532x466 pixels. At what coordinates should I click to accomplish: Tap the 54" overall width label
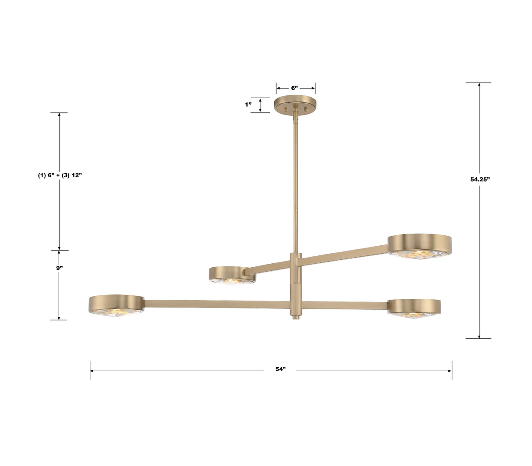[x=280, y=369]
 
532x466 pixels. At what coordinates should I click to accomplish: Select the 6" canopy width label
[x=295, y=88]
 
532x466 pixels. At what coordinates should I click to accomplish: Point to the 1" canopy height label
[x=248, y=104]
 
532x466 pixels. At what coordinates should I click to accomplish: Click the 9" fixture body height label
[x=60, y=268]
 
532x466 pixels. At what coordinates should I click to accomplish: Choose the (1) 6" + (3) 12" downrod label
[x=60, y=175]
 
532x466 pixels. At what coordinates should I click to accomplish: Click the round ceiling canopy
[x=295, y=104]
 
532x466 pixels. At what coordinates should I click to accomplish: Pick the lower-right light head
[x=414, y=307]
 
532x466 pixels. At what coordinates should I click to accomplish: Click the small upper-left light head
[x=232, y=274]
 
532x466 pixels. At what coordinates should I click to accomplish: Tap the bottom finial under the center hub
[x=295, y=316]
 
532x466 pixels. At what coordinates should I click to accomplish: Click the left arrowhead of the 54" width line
[x=92, y=371]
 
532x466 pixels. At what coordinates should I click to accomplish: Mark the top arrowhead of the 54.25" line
[x=479, y=84]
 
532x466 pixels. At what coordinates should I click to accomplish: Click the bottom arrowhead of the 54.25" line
[x=479, y=337]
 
